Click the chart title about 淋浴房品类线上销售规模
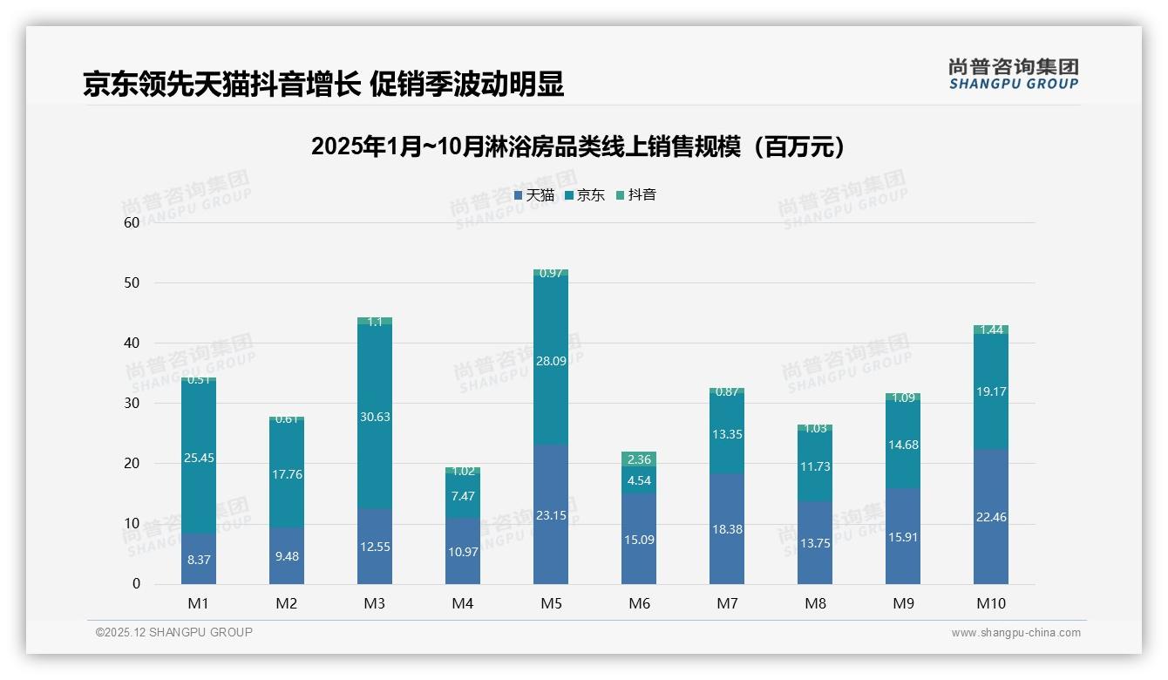click(579, 146)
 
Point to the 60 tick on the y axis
click(132, 222)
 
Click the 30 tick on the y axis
click(132, 403)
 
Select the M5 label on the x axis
click(551, 603)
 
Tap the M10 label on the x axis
click(991, 603)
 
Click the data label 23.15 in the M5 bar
click(551, 515)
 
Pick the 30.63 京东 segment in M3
click(375, 417)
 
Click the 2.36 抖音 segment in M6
click(639, 459)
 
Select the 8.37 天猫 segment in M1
click(199, 560)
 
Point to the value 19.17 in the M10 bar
click(991, 391)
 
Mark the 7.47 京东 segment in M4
click(463, 496)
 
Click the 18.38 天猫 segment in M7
click(727, 529)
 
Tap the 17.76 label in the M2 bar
click(287, 474)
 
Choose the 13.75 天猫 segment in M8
click(815, 542)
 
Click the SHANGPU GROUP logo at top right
click(1013, 74)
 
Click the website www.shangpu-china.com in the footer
click(1015, 633)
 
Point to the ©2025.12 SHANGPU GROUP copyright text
click(174, 632)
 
